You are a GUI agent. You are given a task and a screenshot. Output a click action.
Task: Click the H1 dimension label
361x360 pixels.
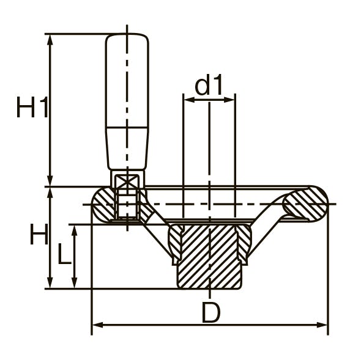[32, 107]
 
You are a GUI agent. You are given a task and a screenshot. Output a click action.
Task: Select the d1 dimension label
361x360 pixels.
[209, 84]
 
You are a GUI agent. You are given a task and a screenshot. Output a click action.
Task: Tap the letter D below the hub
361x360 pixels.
[211, 312]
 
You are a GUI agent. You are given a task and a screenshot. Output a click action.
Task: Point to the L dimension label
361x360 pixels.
[64, 254]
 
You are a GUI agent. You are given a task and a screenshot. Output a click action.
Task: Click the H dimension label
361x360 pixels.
[39, 233]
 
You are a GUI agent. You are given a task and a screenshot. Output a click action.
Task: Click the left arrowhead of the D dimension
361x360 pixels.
[98, 325]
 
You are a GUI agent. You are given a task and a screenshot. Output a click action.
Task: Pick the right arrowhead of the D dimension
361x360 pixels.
[322, 325]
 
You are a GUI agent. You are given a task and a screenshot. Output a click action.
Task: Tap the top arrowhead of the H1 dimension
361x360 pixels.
[50, 40]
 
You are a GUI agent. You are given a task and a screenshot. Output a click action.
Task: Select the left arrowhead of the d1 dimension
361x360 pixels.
[189, 100]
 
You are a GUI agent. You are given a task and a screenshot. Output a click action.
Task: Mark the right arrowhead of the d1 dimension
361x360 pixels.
[229, 100]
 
